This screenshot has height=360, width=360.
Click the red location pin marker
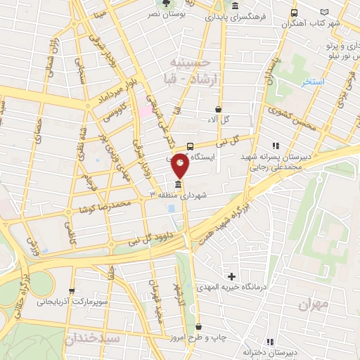click(x=180, y=165)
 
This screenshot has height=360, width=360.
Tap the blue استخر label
click(x=313, y=82)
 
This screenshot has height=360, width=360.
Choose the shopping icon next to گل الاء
click(x=218, y=109)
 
